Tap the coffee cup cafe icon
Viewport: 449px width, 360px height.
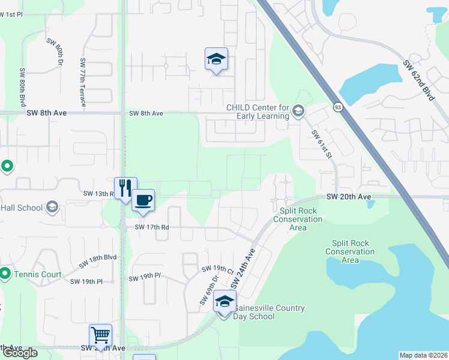coord(142,200)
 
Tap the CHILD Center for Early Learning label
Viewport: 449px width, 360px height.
coord(258,112)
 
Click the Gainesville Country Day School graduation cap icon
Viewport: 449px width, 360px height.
coord(224,302)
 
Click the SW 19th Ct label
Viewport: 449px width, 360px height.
coord(217,269)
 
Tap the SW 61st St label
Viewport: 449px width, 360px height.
coord(322,144)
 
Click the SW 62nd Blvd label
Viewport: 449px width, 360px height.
coord(418,80)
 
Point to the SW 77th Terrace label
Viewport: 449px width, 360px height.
coord(83,82)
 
